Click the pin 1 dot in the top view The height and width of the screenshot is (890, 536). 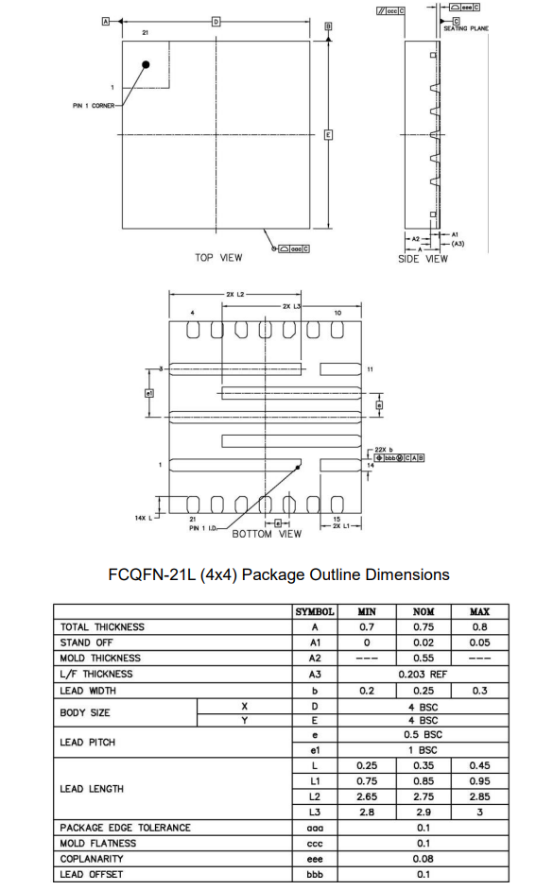pos(147,64)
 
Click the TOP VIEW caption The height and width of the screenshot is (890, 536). pos(218,257)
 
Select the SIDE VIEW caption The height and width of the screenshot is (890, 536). pos(423,259)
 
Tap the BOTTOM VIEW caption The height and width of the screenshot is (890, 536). pos(267,534)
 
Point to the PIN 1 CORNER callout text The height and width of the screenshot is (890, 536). pos(94,106)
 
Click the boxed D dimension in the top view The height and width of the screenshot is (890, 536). pos(216,21)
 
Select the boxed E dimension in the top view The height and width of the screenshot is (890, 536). pos(328,134)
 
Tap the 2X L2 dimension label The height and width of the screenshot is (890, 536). pos(235,295)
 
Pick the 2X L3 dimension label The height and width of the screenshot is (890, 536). pos(291,307)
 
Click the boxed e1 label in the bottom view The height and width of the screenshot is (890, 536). pos(148,393)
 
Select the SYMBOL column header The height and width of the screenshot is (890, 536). pos(314,611)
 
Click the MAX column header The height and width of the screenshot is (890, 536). pos(479,611)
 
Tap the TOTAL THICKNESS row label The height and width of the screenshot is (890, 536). pos(103,627)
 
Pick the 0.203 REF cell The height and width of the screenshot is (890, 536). pos(423,675)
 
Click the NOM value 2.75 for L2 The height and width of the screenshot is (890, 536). pos(423,796)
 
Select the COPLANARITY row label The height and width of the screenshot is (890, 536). pos(94,859)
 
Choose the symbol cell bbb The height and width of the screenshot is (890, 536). pos(314,875)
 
